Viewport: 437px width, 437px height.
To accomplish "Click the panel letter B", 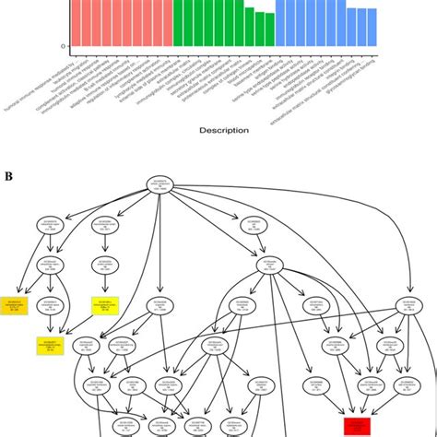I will [x=7, y=174].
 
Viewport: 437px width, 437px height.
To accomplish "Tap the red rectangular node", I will [x=357, y=426].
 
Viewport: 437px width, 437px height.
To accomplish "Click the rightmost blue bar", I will [x=372, y=27].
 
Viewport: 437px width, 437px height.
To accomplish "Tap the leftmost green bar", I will [x=179, y=22].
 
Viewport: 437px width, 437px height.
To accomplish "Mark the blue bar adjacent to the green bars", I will [x=280, y=22].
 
